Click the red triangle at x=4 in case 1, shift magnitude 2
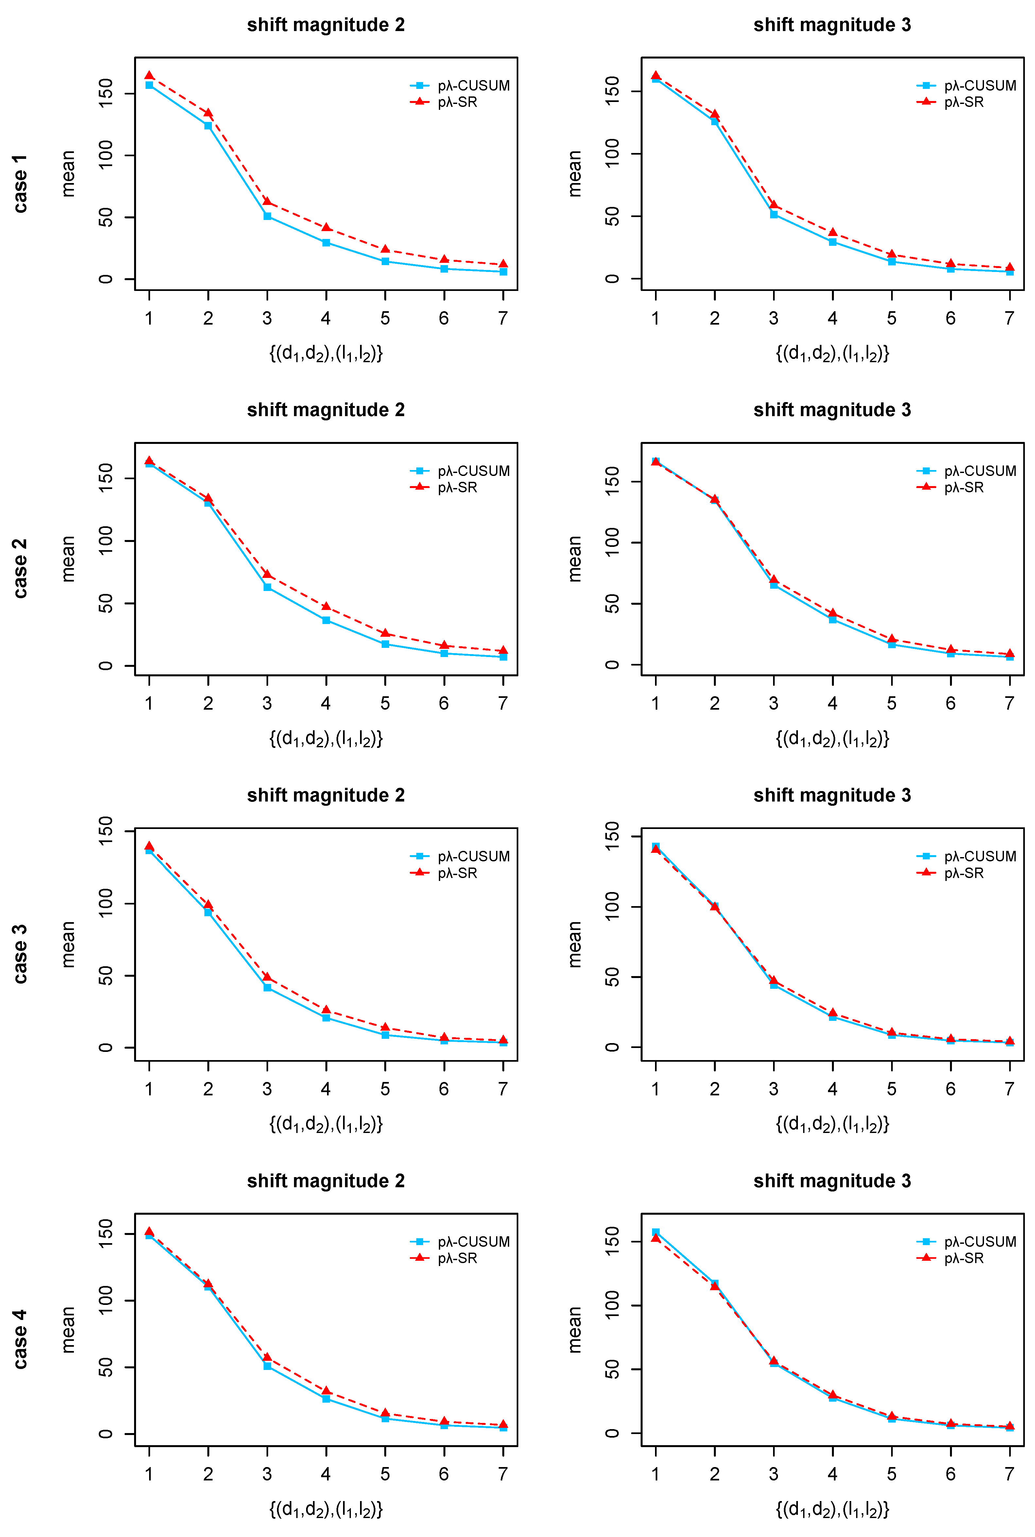(x=326, y=228)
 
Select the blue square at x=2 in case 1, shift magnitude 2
(x=208, y=125)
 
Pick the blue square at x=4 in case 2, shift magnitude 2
(x=326, y=620)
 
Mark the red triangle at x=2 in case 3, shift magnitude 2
(x=208, y=905)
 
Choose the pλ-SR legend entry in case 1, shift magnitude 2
(x=443, y=102)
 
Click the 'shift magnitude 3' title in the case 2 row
(x=832, y=410)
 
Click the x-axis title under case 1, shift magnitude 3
(x=832, y=354)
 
